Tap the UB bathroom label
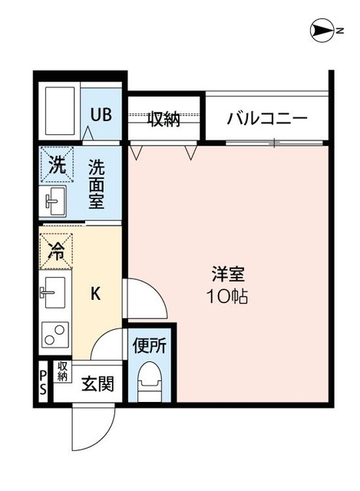pyautogui.click(x=101, y=115)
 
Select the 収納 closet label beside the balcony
pyautogui.click(x=164, y=119)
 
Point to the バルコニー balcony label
pyautogui.click(x=267, y=119)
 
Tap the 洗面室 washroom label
pyautogui.click(x=97, y=185)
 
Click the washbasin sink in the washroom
pyautogui.click(x=54, y=203)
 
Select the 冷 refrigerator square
pyautogui.click(x=57, y=249)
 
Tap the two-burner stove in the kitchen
pyautogui.click(x=55, y=335)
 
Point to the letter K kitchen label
pyautogui.click(x=96, y=293)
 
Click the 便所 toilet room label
pyautogui.click(x=150, y=345)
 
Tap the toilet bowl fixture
pyautogui.click(x=150, y=381)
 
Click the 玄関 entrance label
pyautogui.click(x=98, y=383)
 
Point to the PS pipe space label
pyautogui.click(x=43, y=381)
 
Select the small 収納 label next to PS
pyautogui.click(x=62, y=372)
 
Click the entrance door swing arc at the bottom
pyautogui.click(x=84, y=433)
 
